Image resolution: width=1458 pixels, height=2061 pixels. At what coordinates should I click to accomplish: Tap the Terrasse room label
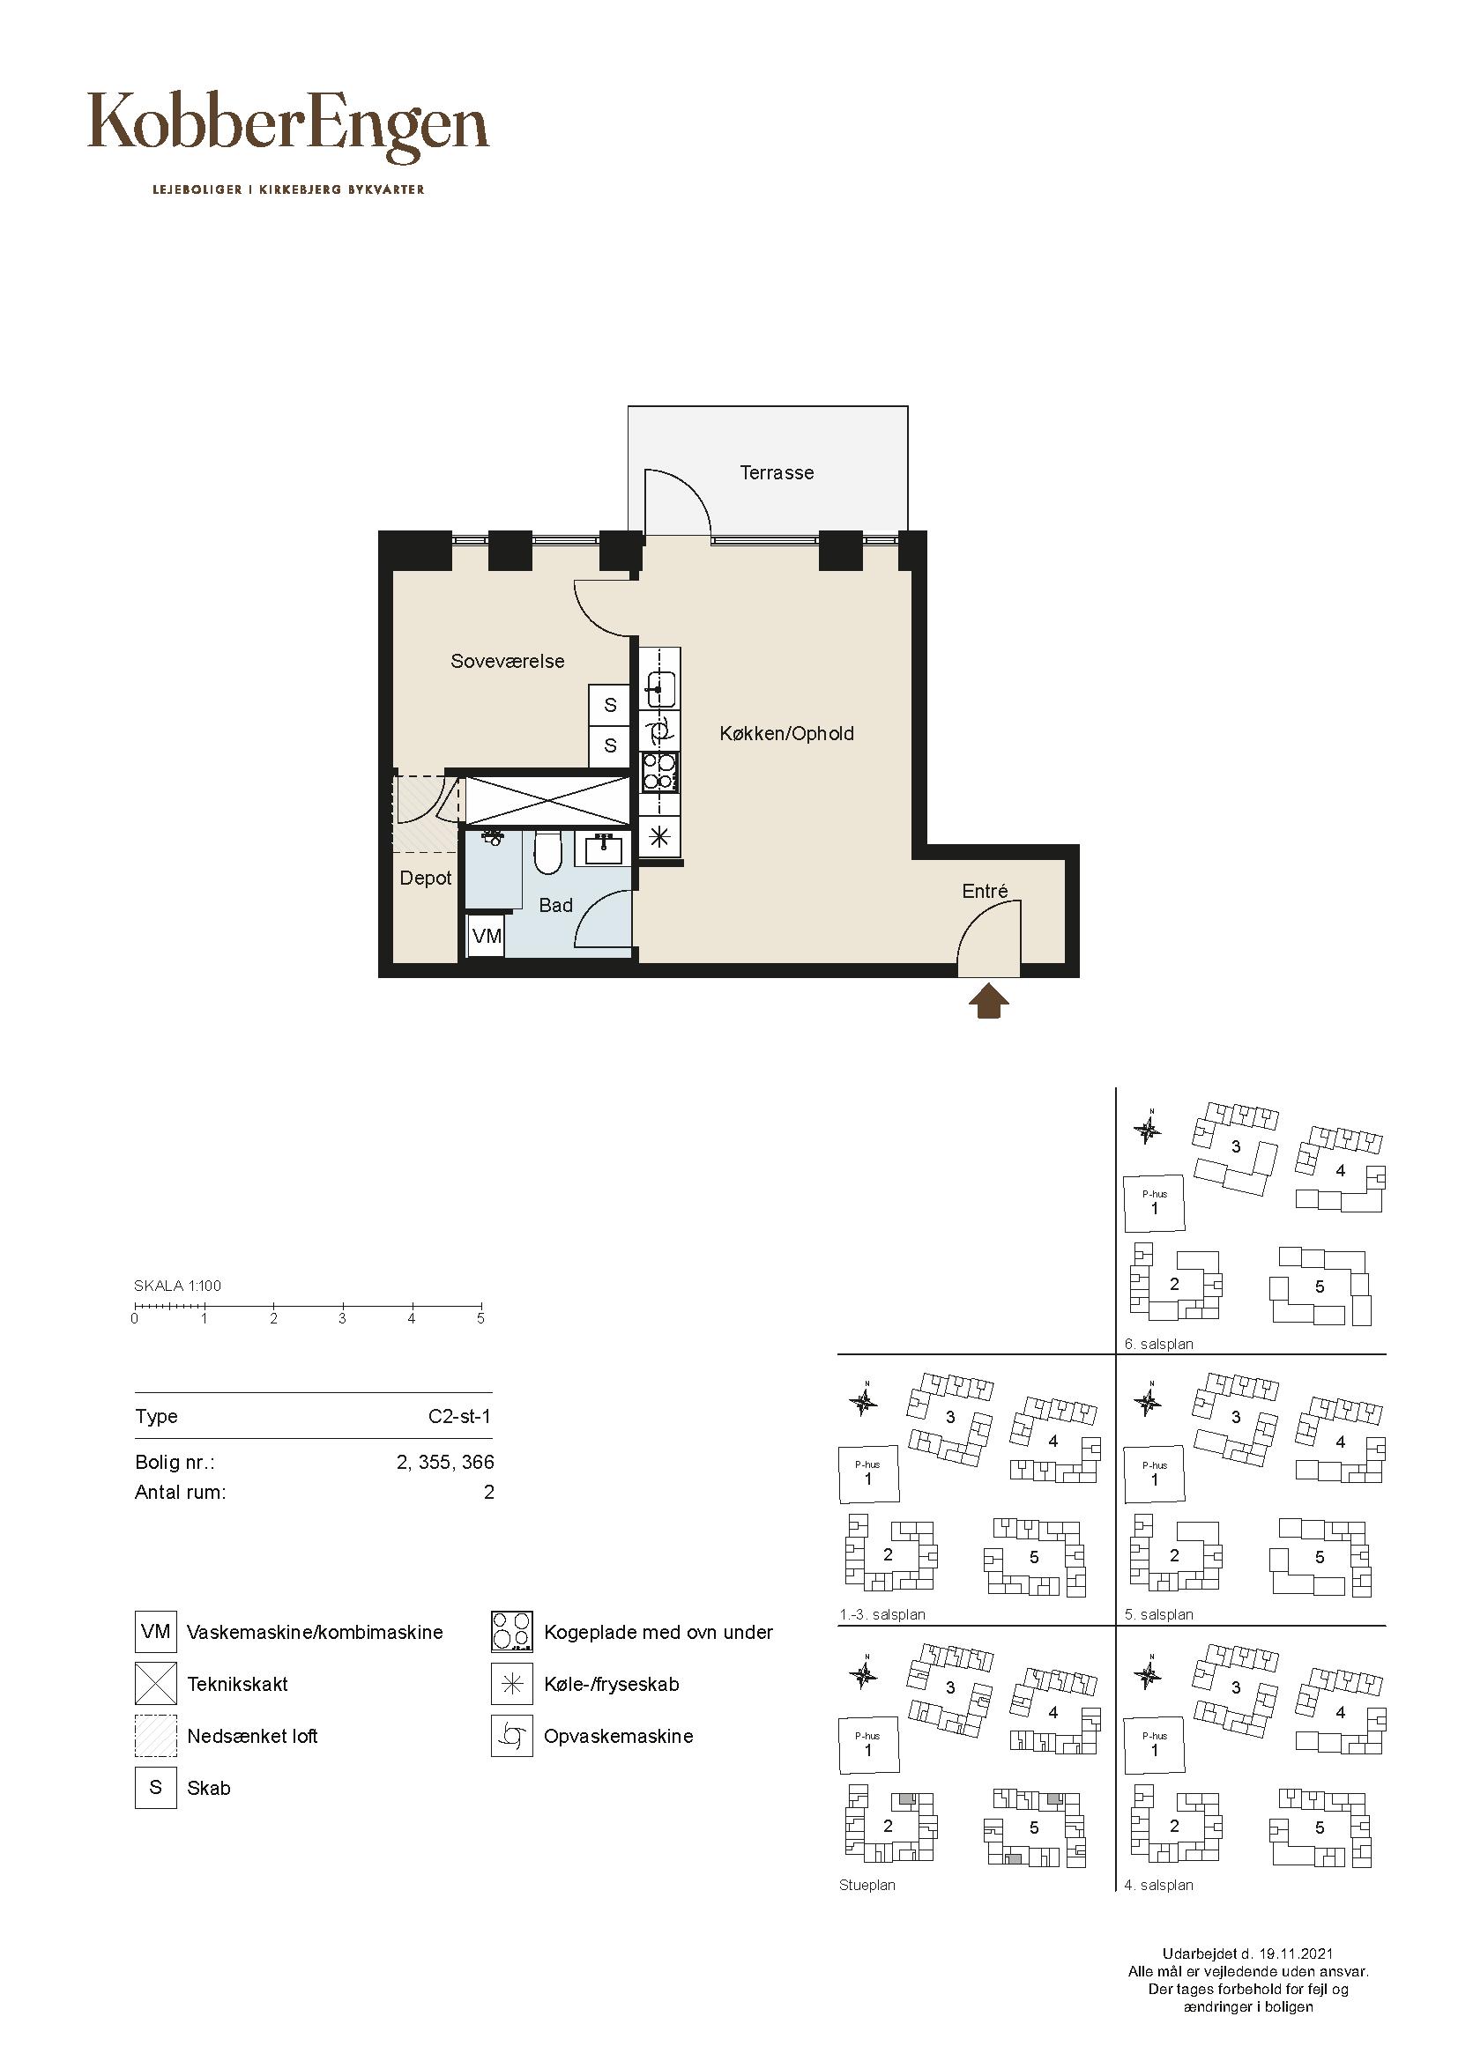click(x=777, y=472)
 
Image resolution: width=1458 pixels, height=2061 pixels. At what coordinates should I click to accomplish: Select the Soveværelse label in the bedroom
click(x=507, y=662)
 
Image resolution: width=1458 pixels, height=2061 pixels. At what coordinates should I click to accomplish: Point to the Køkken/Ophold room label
click(x=786, y=733)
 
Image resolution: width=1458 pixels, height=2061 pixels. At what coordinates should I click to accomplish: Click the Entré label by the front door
click(x=985, y=891)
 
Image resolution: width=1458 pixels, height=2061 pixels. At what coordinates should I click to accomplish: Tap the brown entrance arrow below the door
click(x=987, y=1001)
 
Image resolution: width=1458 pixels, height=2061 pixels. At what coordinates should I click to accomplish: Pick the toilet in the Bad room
click(x=547, y=850)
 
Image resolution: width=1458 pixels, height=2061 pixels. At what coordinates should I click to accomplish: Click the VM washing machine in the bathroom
click(x=487, y=937)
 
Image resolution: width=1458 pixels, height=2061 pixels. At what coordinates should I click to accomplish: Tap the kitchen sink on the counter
click(x=660, y=689)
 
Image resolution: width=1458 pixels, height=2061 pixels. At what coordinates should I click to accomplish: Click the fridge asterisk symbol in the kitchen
click(x=660, y=836)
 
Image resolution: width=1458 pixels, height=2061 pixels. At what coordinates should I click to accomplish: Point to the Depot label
click(x=426, y=878)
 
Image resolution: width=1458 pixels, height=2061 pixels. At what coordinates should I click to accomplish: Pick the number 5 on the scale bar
click(x=480, y=1319)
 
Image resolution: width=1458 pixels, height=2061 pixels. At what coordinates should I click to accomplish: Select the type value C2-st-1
click(x=459, y=1417)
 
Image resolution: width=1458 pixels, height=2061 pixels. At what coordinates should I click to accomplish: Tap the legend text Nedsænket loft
click(x=252, y=1736)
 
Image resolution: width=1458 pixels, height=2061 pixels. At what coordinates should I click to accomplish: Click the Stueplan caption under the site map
click(x=867, y=1885)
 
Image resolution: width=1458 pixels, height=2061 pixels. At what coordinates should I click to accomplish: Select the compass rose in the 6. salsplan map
click(x=1148, y=1129)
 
